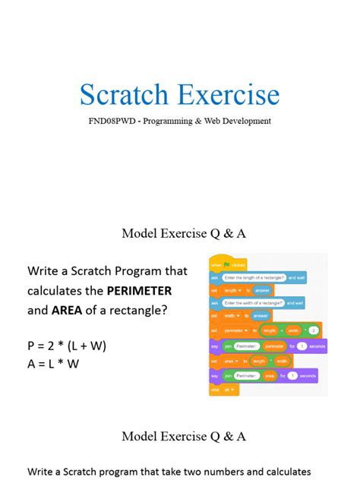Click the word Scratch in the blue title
(x=125, y=96)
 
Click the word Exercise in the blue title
(x=229, y=96)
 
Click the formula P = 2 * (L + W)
(x=67, y=346)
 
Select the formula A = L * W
(x=53, y=364)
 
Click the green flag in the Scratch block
(x=226, y=264)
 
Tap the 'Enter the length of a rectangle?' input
(x=254, y=278)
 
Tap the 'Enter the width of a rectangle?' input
(x=253, y=303)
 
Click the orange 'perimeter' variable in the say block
(x=273, y=346)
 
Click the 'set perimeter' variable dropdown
(x=235, y=330)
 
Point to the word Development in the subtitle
(x=244, y=121)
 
